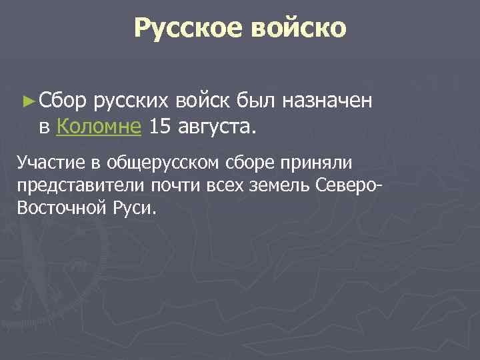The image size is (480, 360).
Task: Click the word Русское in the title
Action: pyautogui.click(x=189, y=29)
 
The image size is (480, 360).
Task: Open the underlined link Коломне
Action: pyautogui.click(x=99, y=125)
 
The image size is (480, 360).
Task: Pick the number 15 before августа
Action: pyautogui.click(x=159, y=125)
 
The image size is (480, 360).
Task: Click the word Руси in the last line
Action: pyautogui.click(x=133, y=207)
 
